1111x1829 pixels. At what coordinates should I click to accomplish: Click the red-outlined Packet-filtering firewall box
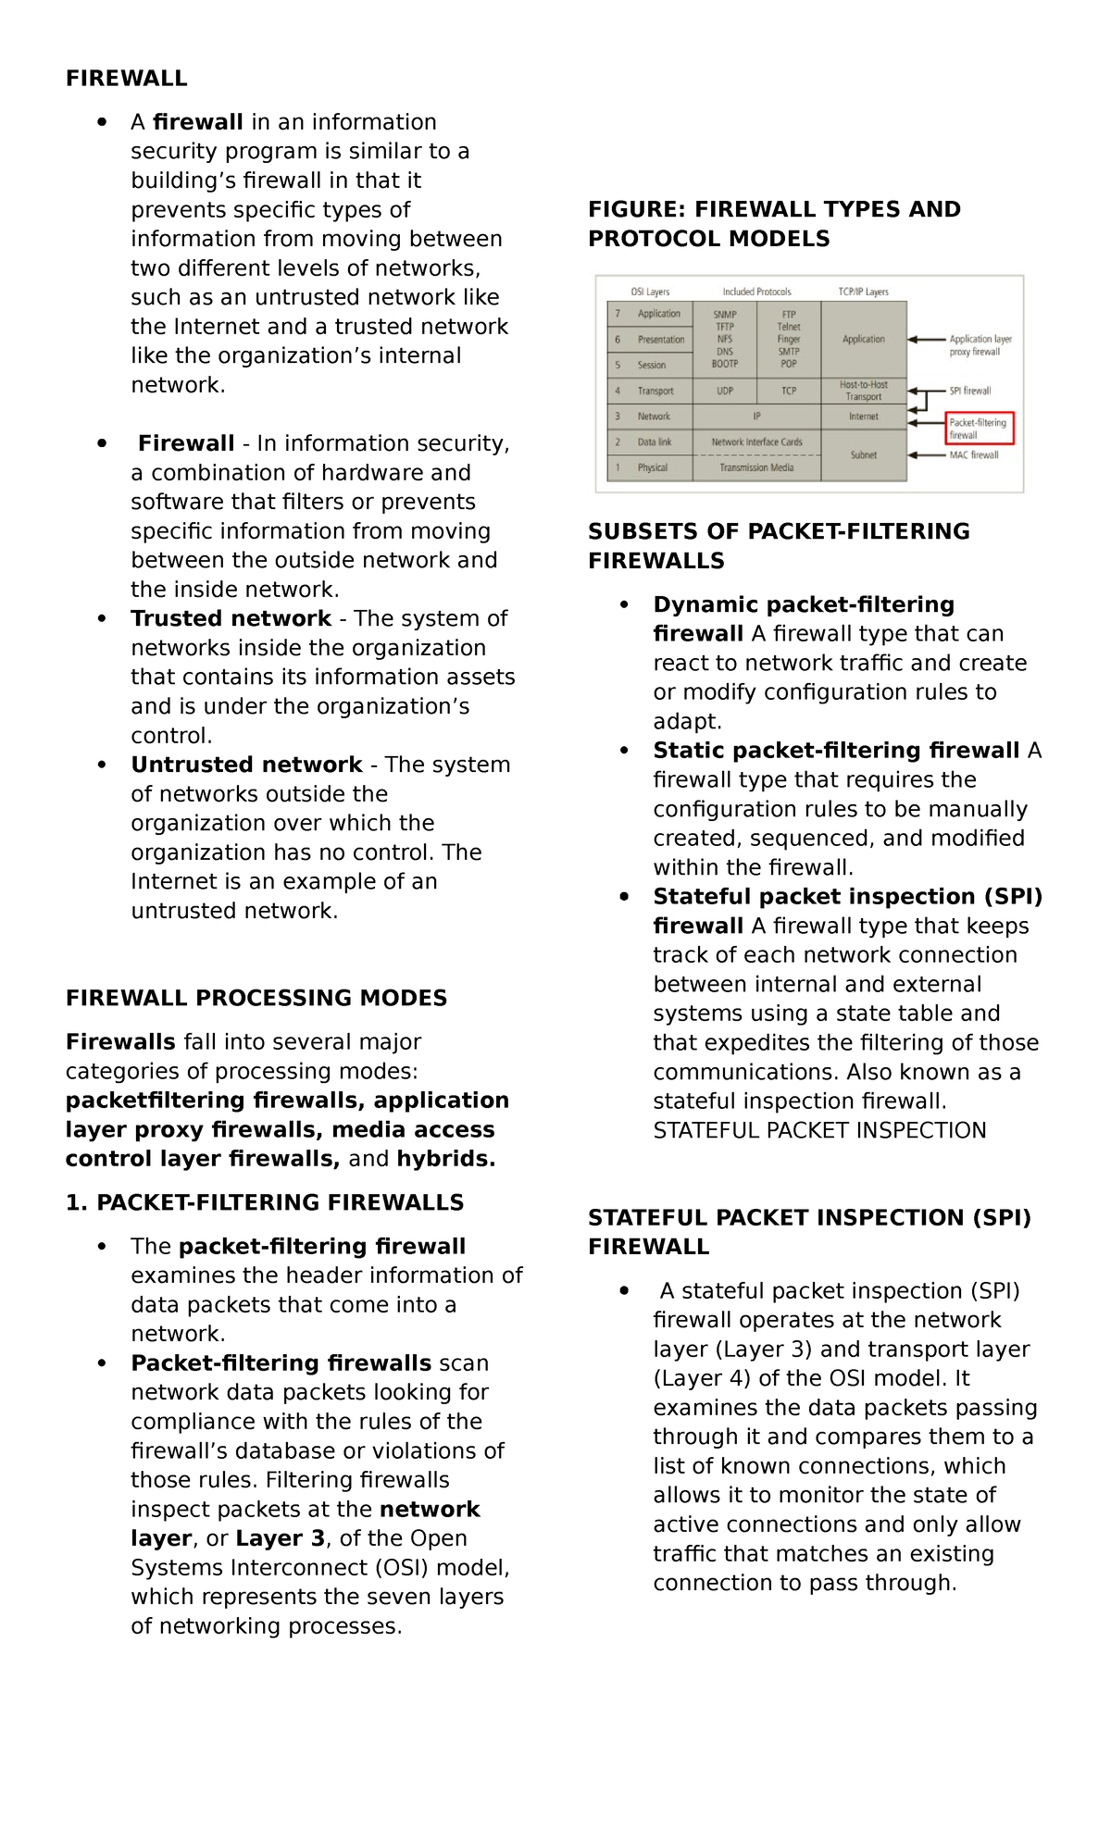tap(980, 429)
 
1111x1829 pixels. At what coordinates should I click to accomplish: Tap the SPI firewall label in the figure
tap(970, 391)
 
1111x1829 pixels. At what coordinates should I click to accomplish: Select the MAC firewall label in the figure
tap(973, 455)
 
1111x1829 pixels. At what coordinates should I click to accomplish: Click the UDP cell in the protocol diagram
tap(724, 392)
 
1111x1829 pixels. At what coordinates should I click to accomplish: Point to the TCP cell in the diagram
tap(788, 392)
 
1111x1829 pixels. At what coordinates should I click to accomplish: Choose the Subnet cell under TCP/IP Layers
tap(863, 455)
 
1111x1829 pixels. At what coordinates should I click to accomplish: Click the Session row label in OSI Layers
tap(652, 366)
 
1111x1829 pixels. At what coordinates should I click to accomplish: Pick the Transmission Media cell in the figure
tap(756, 468)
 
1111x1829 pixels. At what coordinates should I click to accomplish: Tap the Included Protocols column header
tap(756, 292)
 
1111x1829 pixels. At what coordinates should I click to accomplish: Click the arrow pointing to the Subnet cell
tap(926, 455)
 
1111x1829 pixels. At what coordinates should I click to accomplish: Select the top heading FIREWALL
tap(126, 79)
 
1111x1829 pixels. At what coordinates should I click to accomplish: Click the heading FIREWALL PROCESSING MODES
tap(256, 998)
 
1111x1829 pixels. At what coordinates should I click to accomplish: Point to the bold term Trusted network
tap(231, 618)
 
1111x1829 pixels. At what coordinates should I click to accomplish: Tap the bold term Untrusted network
tap(246, 765)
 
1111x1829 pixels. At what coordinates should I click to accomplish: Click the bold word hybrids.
tap(446, 1159)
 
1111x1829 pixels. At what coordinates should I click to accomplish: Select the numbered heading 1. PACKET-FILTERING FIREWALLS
tap(265, 1202)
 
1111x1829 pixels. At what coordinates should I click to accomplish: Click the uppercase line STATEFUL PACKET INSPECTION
tap(819, 1130)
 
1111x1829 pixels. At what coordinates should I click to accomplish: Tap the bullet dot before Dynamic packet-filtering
tap(625, 605)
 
